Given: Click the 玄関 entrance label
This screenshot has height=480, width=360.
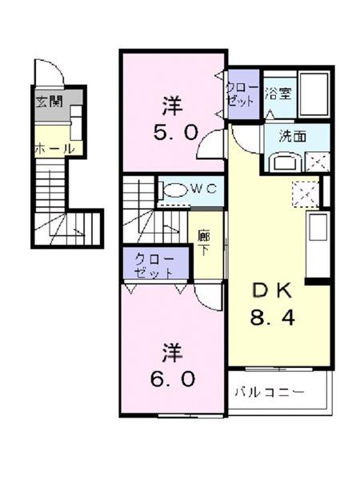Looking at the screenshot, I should tap(47, 102).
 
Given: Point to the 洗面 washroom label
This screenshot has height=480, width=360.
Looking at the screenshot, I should tap(291, 136).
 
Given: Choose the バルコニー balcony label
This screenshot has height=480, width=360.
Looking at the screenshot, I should tap(269, 392).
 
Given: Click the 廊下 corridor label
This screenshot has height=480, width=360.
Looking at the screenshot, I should tap(204, 241).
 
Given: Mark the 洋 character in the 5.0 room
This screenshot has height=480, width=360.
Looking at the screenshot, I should tap(172, 104).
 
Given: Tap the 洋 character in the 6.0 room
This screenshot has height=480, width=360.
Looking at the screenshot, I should tap(172, 350).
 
